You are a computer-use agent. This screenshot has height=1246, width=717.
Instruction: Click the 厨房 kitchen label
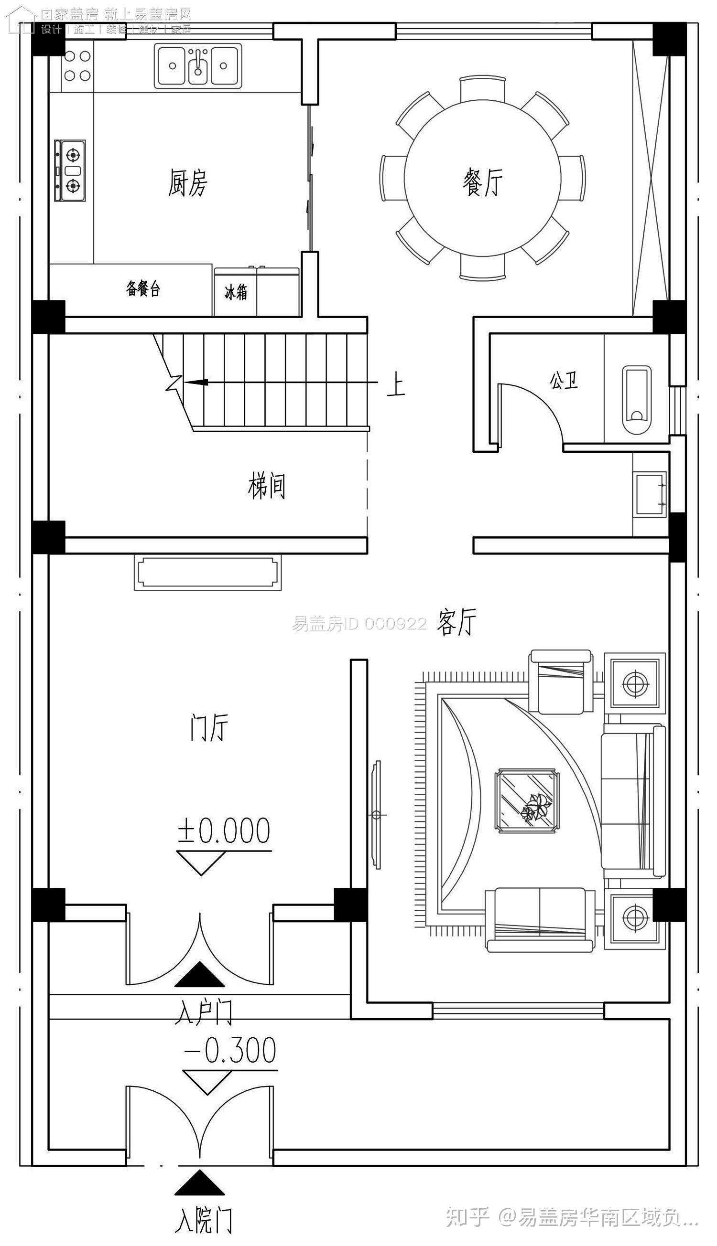click(x=188, y=183)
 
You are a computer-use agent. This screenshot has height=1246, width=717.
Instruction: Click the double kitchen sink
click(x=198, y=66)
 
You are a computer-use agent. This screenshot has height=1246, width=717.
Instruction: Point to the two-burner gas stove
click(x=70, y=170)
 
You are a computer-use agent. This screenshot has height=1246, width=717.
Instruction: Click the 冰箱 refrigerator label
click(x=236, y=292)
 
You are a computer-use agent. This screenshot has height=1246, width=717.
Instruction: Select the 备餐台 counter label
click(x=143, y=289)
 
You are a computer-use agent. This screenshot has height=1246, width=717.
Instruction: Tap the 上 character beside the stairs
click(x=395, y=386)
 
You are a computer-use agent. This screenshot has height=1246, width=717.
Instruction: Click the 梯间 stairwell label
click(x=266, y=486)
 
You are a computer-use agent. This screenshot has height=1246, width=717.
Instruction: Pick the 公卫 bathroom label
click(x=564, y=380)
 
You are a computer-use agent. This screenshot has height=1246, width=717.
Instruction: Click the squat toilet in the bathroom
click(x=637, y=399)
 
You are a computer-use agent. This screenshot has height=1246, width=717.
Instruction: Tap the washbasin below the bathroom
click(x=650, y=493)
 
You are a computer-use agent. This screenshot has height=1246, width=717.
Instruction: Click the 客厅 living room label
click(x=456, y=622)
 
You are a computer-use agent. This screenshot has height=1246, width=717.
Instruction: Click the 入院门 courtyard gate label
click(x=203, y=1216)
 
